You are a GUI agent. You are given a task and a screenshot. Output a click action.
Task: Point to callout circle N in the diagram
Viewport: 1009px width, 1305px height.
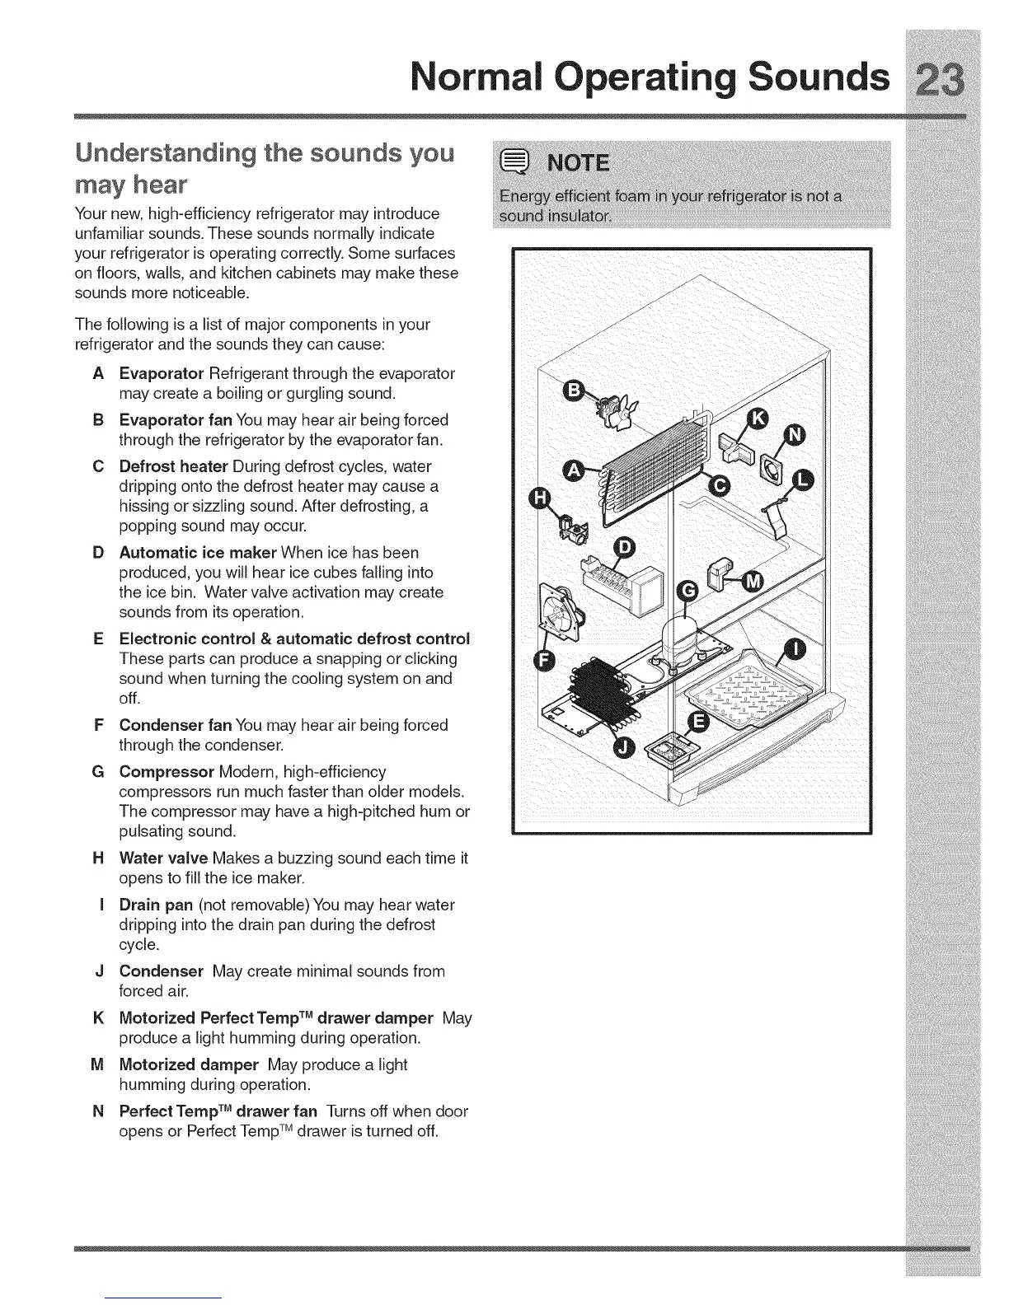795,436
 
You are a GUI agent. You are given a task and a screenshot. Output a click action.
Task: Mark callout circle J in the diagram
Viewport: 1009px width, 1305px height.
626,746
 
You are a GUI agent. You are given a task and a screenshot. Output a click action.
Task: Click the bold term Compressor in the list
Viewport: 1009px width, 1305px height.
167,772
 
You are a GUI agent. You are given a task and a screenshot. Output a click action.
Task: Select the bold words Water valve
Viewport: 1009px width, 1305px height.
163,858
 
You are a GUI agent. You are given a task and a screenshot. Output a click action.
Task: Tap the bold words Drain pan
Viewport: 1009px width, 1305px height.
156,905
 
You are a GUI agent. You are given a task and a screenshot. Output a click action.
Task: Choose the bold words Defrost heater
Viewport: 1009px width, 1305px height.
173,466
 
